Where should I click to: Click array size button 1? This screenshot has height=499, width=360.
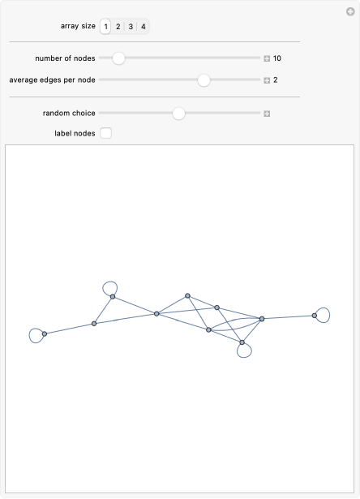coord(105,27)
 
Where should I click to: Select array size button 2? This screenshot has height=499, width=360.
coord(118,27)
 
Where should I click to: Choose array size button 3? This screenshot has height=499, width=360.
coord(131,27)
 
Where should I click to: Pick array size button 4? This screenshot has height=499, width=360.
coord(144,27)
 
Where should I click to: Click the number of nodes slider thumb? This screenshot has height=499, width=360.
coord(118,58)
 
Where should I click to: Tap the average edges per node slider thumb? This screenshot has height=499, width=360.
coord(204,80)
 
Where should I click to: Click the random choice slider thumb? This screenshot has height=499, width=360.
coord(179,114)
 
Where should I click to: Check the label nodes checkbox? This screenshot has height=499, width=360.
coord(106,133)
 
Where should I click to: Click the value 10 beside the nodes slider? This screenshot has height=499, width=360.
coord(277,58)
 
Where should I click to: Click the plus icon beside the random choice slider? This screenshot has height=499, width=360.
coord(266,114)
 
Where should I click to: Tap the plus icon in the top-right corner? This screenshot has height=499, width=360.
coord(350,11)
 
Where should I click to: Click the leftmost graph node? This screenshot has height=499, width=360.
coord(45,333)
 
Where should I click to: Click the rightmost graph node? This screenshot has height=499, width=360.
coord(315,316)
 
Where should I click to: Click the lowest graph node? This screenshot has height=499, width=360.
coord(242,343)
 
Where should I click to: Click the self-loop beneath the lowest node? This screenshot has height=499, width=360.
coord(246,353)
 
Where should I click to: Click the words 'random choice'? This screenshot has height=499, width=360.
coord(69,114)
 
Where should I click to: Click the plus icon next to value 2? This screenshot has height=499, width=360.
coord(266,80)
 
